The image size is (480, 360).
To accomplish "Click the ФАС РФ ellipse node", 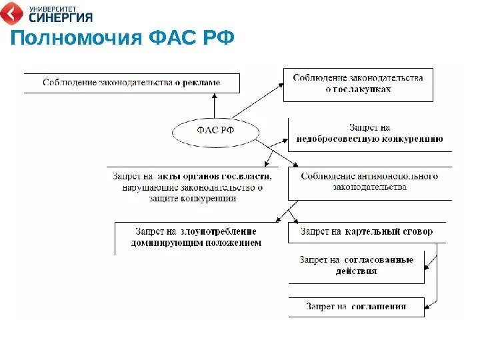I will point(214,130).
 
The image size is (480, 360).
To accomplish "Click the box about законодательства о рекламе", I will point(131,83).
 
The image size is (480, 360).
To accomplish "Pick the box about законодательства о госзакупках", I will point(358,84).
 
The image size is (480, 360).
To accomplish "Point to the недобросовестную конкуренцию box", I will point(369,133).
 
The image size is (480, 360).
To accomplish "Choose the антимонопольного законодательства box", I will point(369,182).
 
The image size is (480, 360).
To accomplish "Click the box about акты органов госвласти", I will point(193,187).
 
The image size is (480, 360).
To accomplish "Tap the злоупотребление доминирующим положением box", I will point(195,237).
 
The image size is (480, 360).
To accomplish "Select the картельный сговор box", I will point(366,231).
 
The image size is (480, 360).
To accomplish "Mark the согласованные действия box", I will point(356,265).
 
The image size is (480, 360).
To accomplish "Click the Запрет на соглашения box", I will point(356,307).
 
